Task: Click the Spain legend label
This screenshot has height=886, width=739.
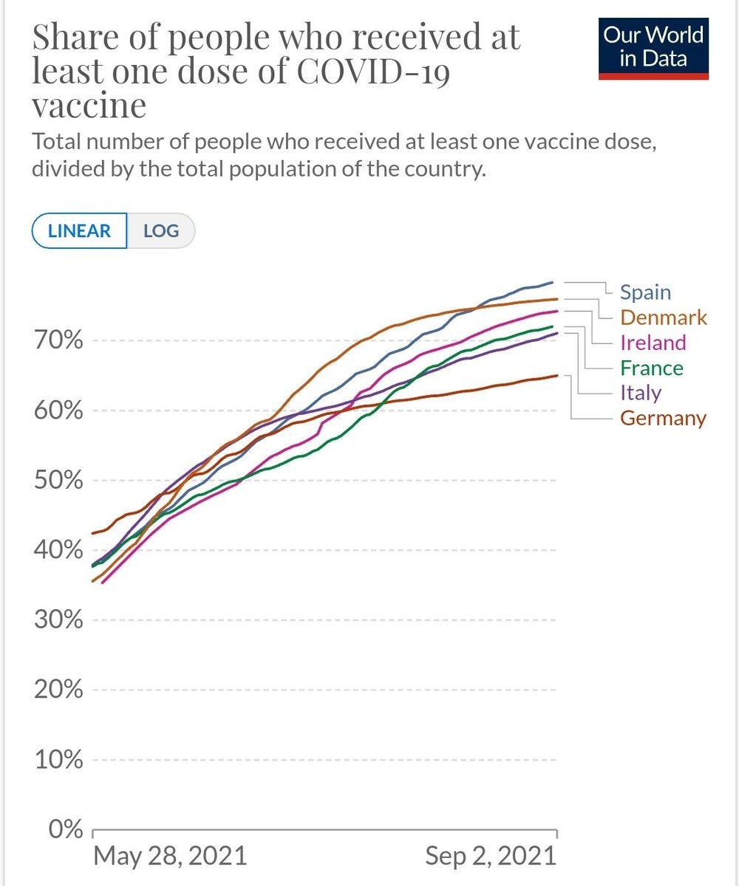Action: (x=645, y=292)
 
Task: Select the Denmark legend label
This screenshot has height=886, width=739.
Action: (x=663, y=317)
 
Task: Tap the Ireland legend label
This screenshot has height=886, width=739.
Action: (x=653, y=343)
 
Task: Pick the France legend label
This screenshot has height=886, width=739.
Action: (x=651, y=368)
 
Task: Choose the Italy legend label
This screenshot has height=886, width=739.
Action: (x=640, y=393)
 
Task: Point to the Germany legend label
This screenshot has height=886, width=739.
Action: (x=663, y=419)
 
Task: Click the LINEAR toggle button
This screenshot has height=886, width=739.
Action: (x=79, y=230)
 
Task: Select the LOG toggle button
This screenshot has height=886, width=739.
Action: (x=161, y=230)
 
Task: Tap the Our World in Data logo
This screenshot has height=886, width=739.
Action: (x=653, y=48)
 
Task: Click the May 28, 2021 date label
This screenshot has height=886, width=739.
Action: (x=170, y=856)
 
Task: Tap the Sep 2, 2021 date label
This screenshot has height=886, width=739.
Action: (x=490, y=856)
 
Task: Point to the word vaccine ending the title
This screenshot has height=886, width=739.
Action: (x=89, y=106)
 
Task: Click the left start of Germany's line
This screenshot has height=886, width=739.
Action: (x=92, y=533)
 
